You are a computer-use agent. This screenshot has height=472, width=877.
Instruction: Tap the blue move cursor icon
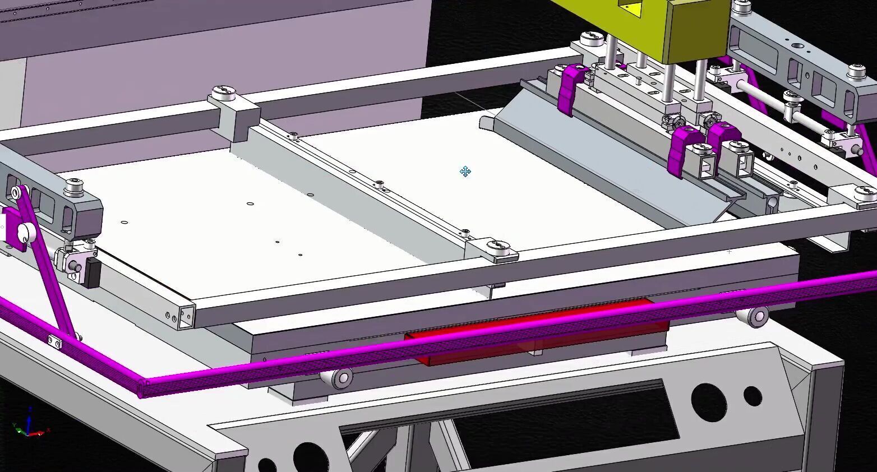465,172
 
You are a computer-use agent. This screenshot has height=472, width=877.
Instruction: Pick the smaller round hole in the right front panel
753,396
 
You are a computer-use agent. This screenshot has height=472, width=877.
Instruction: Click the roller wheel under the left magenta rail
341,378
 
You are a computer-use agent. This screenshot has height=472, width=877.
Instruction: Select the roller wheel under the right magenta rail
758,317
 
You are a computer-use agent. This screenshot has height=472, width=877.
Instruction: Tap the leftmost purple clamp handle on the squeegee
570,87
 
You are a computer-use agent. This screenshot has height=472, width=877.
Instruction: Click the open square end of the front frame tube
186,318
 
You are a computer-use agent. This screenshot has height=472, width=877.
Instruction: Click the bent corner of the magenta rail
144,387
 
